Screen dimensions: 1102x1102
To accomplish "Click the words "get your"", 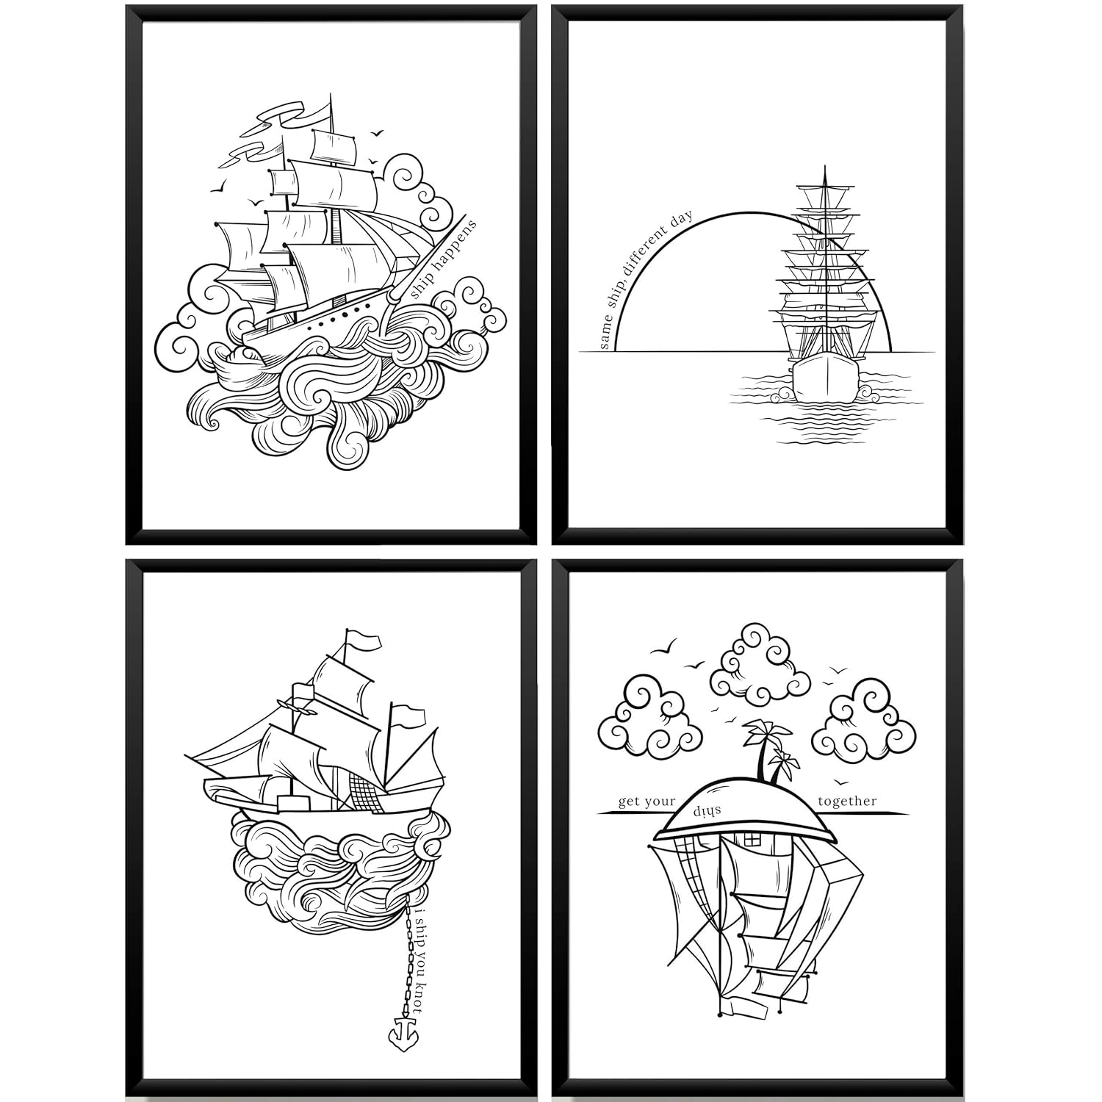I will click(x=647, y=802).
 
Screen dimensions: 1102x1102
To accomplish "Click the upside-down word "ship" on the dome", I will click(x=707, y=810).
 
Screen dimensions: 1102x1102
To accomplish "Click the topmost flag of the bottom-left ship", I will click(x=364, y=640).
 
